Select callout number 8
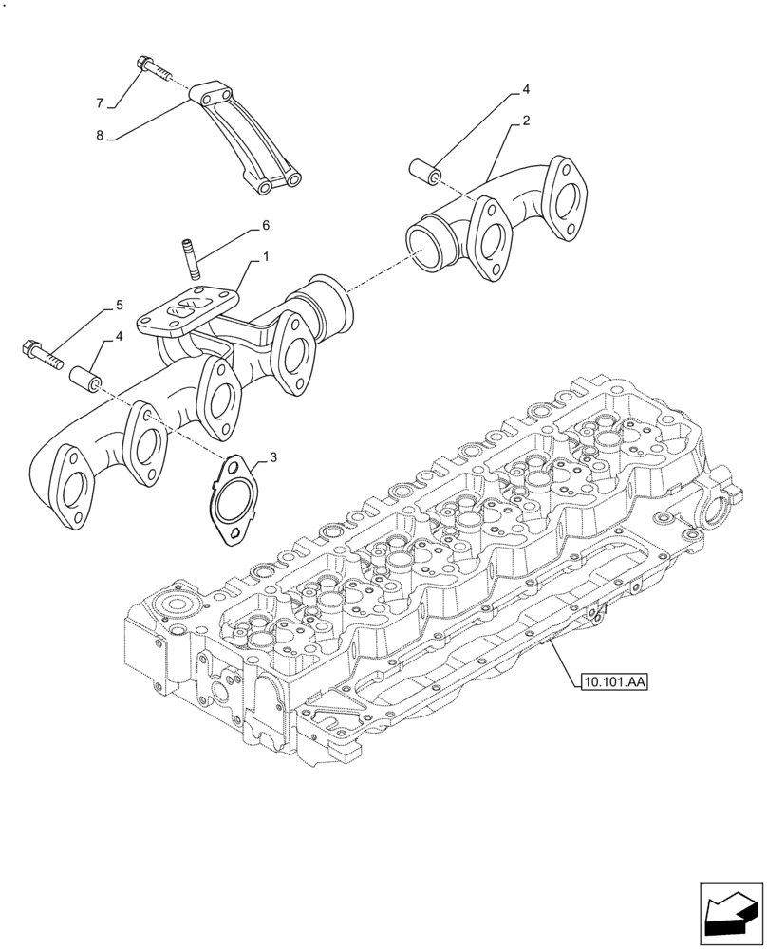99,136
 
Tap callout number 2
524,121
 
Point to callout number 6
266,225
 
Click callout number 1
266,256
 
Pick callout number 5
119,305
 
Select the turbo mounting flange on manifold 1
184,314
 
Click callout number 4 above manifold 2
524,90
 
